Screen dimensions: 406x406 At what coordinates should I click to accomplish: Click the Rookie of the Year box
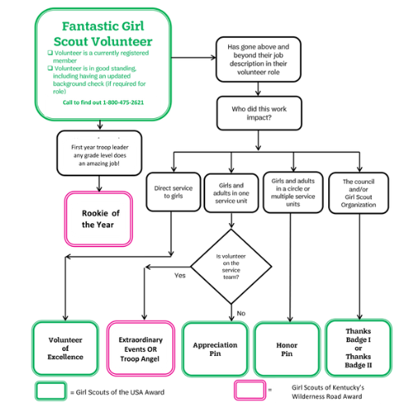pos(98,219)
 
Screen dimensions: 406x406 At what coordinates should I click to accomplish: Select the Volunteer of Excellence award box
pos(65,348)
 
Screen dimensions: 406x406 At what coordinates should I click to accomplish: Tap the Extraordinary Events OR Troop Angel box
pos(140,349)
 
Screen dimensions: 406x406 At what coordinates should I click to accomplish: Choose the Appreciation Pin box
pos(215,349)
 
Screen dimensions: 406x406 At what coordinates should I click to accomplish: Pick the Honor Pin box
pos(287,349)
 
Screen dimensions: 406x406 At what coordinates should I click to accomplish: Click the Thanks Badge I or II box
pos(358,348)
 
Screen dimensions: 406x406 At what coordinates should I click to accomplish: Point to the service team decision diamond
pos(231,267)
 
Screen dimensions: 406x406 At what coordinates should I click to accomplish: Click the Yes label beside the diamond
pos(180,276)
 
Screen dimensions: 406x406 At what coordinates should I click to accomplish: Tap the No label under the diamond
pos(241,313)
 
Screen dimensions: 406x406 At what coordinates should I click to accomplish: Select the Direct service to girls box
pos(173,192)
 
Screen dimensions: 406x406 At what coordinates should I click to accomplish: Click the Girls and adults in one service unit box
pos(231,193)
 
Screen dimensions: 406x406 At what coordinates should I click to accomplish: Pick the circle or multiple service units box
pos(293,193)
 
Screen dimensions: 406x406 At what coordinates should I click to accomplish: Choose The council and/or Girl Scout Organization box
pos(358,193)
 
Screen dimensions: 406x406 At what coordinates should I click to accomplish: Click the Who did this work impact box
pos(259,113)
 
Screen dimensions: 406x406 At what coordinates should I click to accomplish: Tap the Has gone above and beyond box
pos(258,59)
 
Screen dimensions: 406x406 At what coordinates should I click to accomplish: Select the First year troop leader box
pos(99,153)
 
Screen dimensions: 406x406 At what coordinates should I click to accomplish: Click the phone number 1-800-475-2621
pos(123,103)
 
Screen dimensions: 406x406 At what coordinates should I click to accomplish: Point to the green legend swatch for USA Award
pos(51,391)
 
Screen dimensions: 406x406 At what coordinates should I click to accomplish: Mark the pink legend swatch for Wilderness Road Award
pos(249,390)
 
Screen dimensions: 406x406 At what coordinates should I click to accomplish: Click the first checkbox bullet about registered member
pos(50,52)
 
